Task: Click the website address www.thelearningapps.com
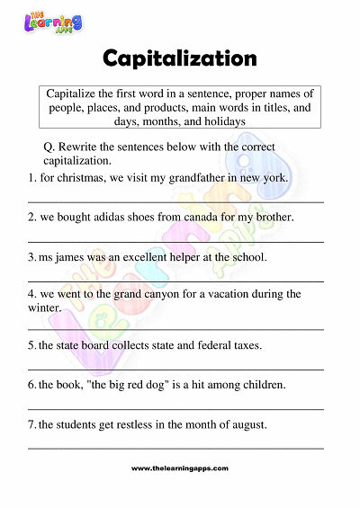coord(180,468)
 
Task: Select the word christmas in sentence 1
coord(82,177)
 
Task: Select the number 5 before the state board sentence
coord(31,345)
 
